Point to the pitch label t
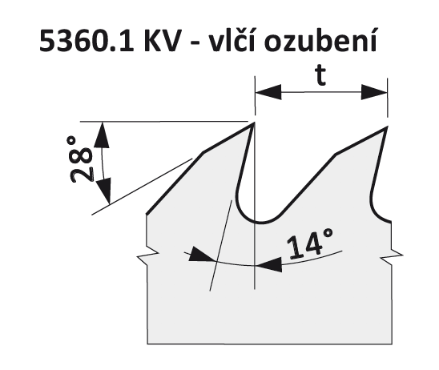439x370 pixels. (320, 76)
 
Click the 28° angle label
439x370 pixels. (81, 159)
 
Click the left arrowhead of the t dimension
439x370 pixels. (268, 91)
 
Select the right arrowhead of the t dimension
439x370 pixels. (374, 92)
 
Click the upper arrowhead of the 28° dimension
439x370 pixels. (102, 135)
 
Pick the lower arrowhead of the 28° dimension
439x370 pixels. (104, 191)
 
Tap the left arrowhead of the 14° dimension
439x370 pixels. (201, 255)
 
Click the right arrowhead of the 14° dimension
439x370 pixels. (269, 264)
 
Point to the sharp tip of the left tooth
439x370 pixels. (254, 123)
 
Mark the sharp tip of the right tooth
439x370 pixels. (387, 127)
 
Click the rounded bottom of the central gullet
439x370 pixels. (259, 222)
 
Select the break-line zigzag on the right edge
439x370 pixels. (392, 255)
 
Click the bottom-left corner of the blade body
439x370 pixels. (147, 344)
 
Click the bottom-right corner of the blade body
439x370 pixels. (392, 344)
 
